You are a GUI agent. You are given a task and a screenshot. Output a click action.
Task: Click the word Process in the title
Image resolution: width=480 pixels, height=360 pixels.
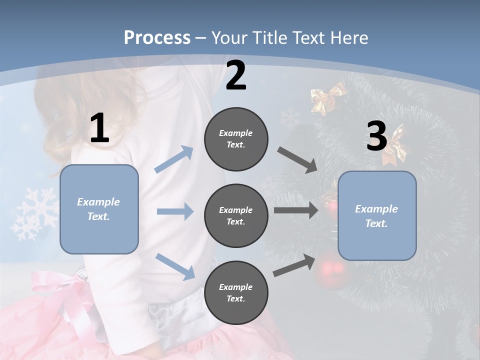(x=157, y=38)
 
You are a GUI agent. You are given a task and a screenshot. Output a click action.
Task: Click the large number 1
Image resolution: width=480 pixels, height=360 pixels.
(x=99, y=128)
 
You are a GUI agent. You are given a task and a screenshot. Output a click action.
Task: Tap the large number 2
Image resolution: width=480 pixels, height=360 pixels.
(x=236, y=75)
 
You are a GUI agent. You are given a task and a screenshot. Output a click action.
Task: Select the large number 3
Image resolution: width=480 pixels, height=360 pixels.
(x=376, y=136)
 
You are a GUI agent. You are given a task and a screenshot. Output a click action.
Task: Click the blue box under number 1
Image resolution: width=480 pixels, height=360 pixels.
(x=99, y=209)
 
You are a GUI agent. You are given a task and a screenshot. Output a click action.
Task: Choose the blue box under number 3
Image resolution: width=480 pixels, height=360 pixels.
(x=377, y=215)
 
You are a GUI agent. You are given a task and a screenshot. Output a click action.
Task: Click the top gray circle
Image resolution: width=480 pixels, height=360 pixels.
(x=236, y=139)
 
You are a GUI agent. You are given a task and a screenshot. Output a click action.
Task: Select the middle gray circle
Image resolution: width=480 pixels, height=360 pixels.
(x=236, y=215)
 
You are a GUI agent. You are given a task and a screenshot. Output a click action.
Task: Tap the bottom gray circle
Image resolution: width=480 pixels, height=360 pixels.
(x=236, y=292)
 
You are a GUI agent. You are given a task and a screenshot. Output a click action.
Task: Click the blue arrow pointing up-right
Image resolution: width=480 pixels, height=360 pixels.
(x=174, y=159)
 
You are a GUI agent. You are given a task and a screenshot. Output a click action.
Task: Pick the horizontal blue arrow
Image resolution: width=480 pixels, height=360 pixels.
(x=175, y=211)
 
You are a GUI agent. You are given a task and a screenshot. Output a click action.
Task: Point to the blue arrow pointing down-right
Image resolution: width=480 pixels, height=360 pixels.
(x=175, y=266)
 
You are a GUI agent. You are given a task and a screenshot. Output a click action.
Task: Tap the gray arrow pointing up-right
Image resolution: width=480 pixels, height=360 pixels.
(x=294, y=265)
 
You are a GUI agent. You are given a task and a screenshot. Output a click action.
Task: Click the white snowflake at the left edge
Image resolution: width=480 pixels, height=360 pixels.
(x=35, y=213)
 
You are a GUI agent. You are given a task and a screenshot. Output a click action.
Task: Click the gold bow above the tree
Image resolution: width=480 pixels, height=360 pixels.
(x=327, y=98)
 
